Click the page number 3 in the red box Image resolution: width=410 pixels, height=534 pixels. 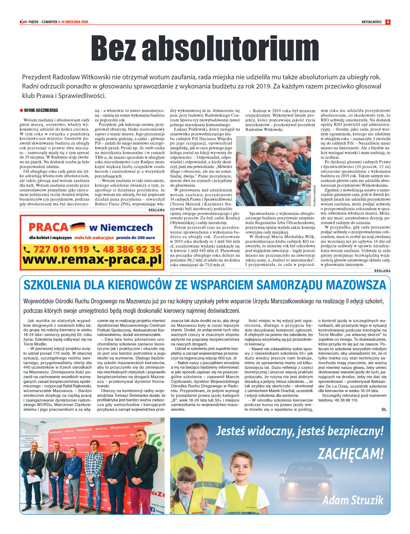(388, 22)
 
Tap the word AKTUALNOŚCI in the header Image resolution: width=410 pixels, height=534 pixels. (371, 22)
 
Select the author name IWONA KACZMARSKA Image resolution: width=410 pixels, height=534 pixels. (41, 110)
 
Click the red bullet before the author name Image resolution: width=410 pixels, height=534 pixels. (22, 111)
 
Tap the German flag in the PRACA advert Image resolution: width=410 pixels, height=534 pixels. (78, 226)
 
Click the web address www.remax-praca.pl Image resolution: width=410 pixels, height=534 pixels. (92, 260)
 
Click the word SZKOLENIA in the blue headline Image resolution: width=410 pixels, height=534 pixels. (52, 285)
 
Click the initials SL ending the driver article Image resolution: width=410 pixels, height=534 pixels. (384, 409)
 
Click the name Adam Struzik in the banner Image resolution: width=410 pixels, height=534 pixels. (353, 500)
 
